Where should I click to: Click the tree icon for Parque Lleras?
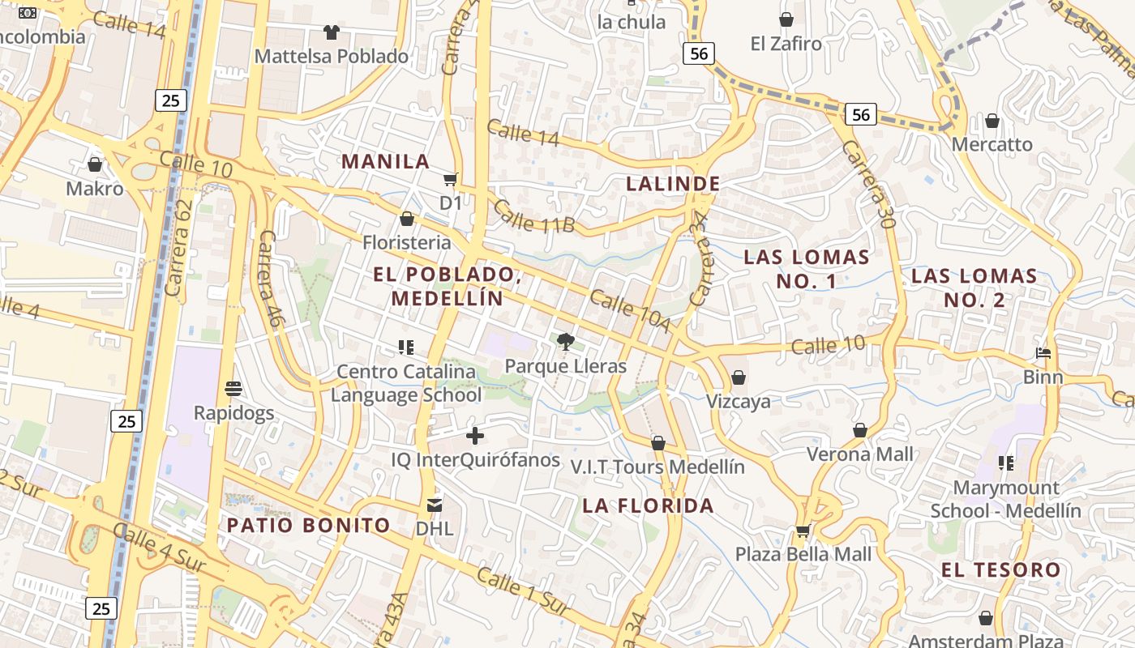click(566, 343)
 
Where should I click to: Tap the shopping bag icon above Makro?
click(95, 164)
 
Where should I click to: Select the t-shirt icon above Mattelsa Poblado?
click(331, 32)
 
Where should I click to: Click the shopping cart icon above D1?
click(451, 179)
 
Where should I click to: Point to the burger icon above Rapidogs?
click(233, 389)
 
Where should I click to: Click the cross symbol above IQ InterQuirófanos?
click(475, 437)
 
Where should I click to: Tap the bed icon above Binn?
click(1043, 353)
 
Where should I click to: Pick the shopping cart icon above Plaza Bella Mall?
click(803, 531)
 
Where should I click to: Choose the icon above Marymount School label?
click(1006, 463)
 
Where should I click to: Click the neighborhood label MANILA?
click(386, 161)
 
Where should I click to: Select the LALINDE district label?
click(673, 184)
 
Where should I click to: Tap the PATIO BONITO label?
click(308, 525)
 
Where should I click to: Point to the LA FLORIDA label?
click(648, 506)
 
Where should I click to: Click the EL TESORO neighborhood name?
click(1001, 569)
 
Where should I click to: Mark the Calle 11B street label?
click(533, 216)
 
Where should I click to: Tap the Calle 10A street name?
click(630, 311)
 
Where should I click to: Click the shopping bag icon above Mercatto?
click(992, 121)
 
